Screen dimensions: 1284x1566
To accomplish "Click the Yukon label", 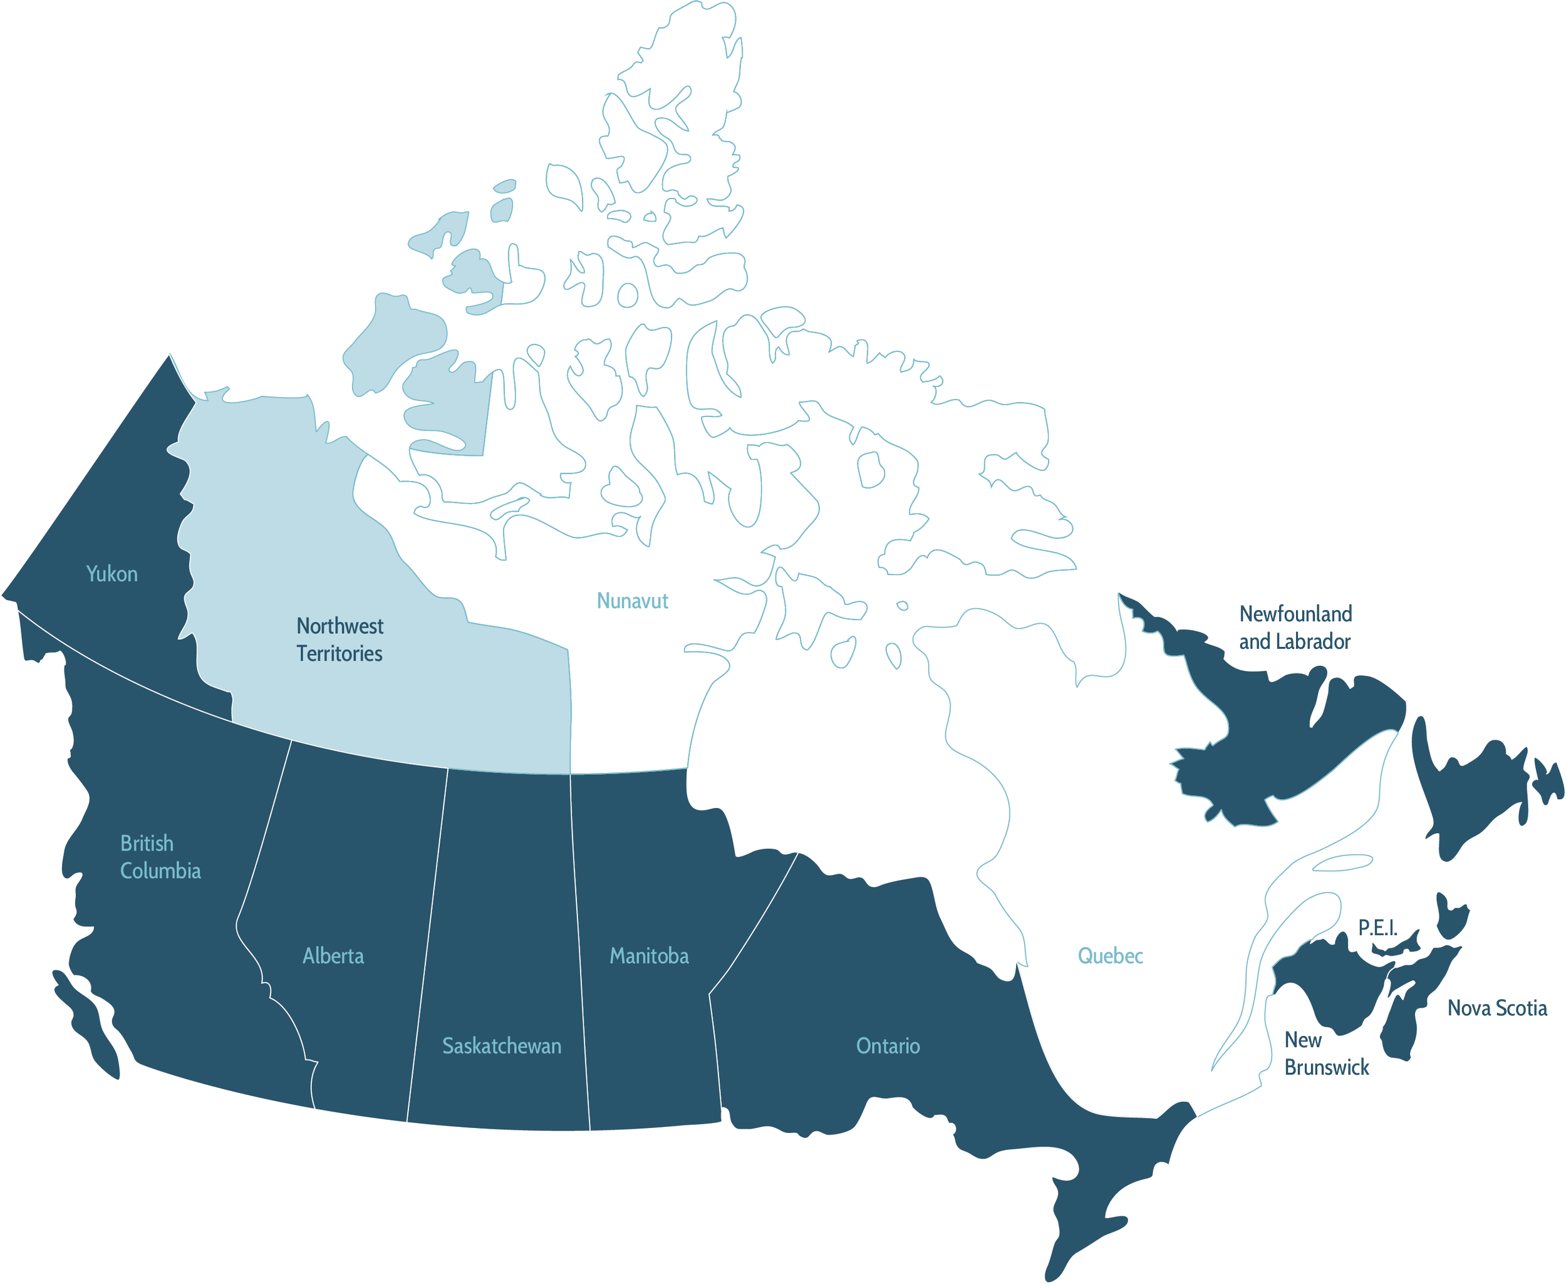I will point(111,574).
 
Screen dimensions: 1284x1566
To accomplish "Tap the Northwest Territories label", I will point(340,639).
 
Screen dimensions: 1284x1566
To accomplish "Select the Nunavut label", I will point(633,601).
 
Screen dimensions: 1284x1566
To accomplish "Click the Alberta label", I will point(333,956).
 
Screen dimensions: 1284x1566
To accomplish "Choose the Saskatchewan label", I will point(502,1046).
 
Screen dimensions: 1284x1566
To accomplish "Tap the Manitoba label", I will point(649,956).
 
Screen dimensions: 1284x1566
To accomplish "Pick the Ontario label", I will point(888,1046).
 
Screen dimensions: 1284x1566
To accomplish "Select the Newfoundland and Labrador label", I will point(1295,627).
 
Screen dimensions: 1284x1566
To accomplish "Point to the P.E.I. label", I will point(1377,928).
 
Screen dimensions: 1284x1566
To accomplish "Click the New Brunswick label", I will point(1326,1054).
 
